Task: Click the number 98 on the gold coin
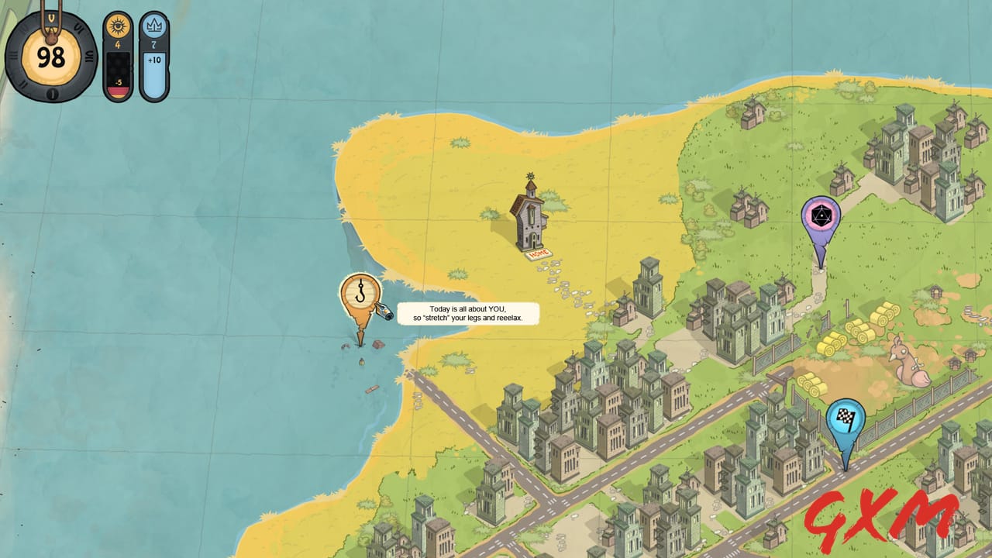coord(51,57)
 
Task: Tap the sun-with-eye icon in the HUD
coord(119,27)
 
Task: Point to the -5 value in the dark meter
coord(119,83)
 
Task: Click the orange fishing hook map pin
coord(361,294)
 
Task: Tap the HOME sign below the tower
coord(538,253)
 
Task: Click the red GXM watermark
coord(880,516)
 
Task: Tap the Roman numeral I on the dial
coord(51,95)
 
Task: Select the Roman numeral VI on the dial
coord(90,56)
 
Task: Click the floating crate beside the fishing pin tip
coord(378,344)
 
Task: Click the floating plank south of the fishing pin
coord(372,389)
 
